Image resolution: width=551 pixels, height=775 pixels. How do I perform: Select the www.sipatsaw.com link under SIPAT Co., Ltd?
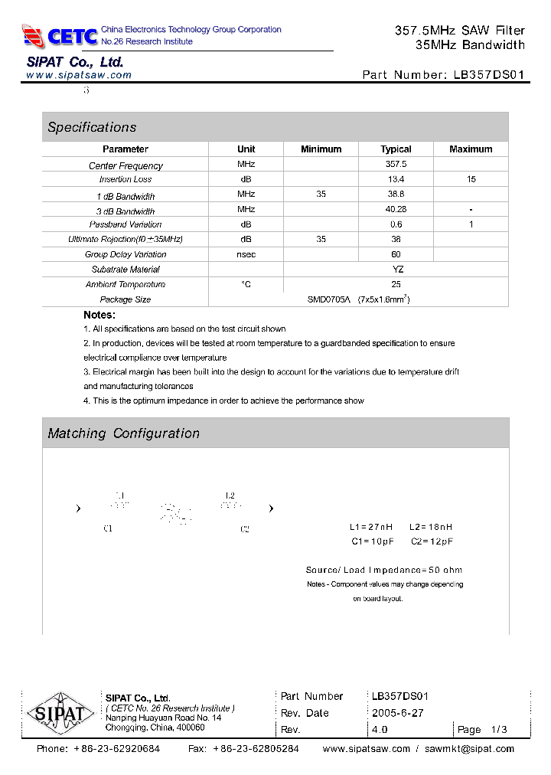[x=79, y=75]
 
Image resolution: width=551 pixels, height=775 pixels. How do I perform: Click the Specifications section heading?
[x=92, y=127]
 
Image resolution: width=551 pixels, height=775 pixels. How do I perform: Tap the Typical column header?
[x=396, y=149]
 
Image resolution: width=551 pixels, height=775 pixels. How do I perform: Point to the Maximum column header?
[x=471, y=149]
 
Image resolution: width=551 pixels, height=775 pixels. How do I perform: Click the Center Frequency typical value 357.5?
[x=396, y=165]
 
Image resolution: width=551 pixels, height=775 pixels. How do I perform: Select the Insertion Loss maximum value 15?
[x=471, y=179]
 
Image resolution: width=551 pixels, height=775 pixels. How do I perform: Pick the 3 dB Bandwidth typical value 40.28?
[x=396, y=210]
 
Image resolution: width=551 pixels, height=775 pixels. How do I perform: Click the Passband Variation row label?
[x=126, y=224]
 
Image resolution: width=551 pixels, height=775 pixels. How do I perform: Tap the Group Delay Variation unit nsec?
[x=246, y=254]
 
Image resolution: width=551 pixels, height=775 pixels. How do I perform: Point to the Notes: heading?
[x=99, y=315]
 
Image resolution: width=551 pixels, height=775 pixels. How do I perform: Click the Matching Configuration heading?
[x=123, y=433]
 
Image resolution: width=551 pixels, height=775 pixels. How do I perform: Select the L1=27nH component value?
[x=371, y=527]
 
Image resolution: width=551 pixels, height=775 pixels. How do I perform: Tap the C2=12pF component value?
[x=432, y=541]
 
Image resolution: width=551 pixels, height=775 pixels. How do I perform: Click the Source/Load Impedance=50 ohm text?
[x=383, y=570]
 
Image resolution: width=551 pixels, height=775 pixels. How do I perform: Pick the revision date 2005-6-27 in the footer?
[x=397, y=713]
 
